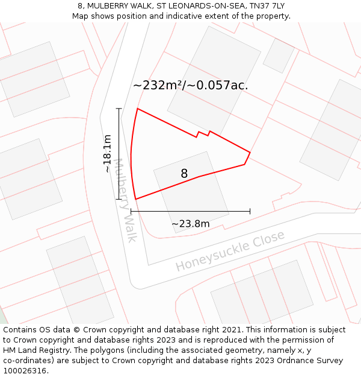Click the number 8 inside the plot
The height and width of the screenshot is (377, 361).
pyautogui.click(x=184, y=174)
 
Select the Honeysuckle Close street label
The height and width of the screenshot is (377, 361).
pyautogui.click(x=230, y=251)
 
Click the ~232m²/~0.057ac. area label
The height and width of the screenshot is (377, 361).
pyautogui.click(x=190, y=85)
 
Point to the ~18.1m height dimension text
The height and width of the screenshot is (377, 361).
pyautogui.click(x=107, y=154)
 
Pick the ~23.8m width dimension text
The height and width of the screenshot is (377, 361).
pyautogui.click(x=191, y=224)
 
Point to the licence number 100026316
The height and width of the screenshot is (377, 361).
pyautogui.click(x=25, y=370)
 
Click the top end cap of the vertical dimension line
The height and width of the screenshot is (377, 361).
pyautogui.click(x=119, y=109)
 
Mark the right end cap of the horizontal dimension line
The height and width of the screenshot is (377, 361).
pyautogui.click(x=250, y=211)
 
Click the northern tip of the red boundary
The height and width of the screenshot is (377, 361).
pyautogui.click(x=138, y=109)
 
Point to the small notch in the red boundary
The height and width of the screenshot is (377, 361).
pyautogui.click(x=203, y=133)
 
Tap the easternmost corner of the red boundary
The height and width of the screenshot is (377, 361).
pyautogui.click(x=250, y=152)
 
